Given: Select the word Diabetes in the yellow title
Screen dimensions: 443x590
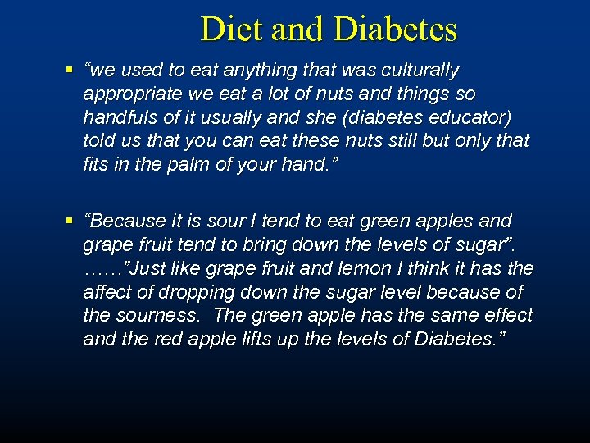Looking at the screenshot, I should pyautogui.click(x=395, y=30).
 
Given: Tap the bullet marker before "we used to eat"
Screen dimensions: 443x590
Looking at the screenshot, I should pyautogui.click(x=71, y=71).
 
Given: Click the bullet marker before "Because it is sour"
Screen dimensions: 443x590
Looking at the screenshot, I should pyautogui.click(x=71, y=221).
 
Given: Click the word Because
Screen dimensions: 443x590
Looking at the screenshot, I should pyautogui.click(x=129, y=221).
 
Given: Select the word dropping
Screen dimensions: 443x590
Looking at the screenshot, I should pyautogui.click(x=180, y=292).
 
